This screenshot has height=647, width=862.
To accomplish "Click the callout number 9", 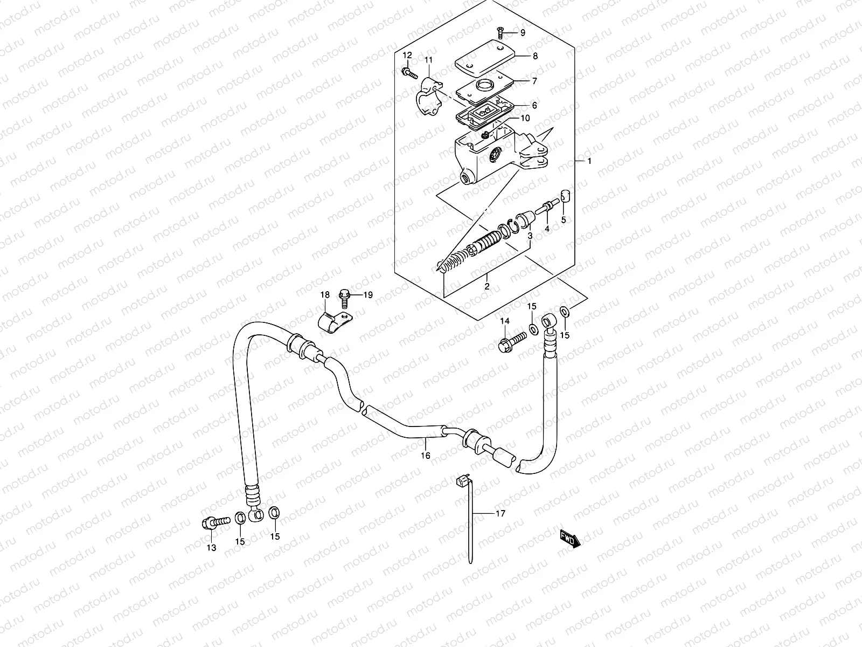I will coord(522,33).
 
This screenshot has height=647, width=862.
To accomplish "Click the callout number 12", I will coord(407,56).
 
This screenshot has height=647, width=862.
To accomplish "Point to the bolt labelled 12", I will coord(409,72).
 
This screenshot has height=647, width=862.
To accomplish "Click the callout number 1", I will coord(589,161).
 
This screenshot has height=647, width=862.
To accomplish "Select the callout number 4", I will coord(547,229).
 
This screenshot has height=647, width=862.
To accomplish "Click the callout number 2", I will coord(486,286).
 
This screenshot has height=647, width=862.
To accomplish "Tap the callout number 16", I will coord(426,456).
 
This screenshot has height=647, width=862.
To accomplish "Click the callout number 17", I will coord(500,513).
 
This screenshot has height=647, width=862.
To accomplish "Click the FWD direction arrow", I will coord(569,538).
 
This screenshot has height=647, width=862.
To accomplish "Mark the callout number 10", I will coord(525,118).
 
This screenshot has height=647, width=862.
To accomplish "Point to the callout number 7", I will coord(534,81).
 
